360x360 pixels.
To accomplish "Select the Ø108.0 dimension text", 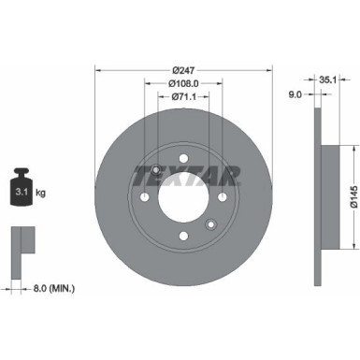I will pos(183,84).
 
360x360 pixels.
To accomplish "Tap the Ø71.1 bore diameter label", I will pos(183,97).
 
